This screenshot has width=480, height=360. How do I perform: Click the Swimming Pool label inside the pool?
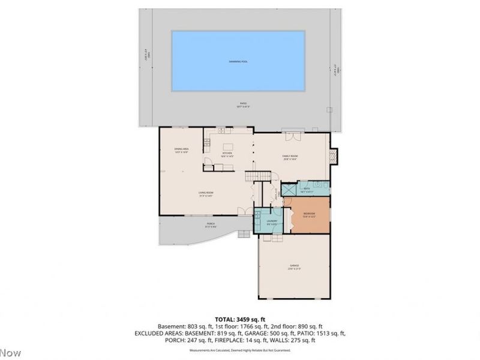click(x=238, y=62)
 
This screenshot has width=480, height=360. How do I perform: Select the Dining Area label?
click(x=181, y=151)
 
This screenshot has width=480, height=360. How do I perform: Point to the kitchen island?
click(x=228, y=146)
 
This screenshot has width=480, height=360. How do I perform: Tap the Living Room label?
click(x=206, y=193)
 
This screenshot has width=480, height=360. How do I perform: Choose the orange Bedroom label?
click(x=309, y=215)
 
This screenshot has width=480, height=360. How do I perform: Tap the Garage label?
click(x=293, y=266)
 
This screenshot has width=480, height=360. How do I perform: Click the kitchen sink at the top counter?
click(x=221, y=130)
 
